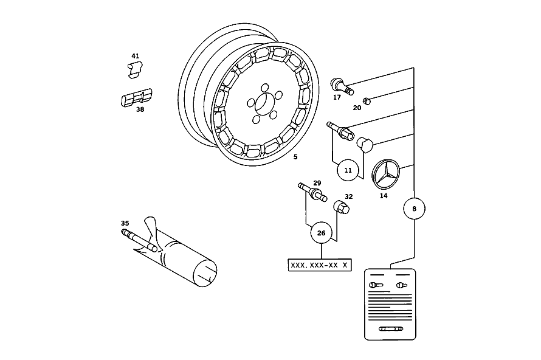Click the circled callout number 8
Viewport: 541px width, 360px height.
point(414,209)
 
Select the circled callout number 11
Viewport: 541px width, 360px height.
point(348,170)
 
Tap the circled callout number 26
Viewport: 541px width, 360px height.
point(321,233)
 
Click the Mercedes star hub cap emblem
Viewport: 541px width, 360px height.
point(386,175)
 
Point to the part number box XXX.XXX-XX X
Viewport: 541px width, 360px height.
point(320,265)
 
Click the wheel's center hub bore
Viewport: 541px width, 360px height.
point(264,103)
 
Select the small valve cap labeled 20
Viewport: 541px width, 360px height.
point(367,101)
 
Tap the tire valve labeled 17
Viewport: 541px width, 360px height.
point(342,86)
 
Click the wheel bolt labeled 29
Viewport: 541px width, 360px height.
point(312,192)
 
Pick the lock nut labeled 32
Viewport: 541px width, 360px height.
point(341,207)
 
